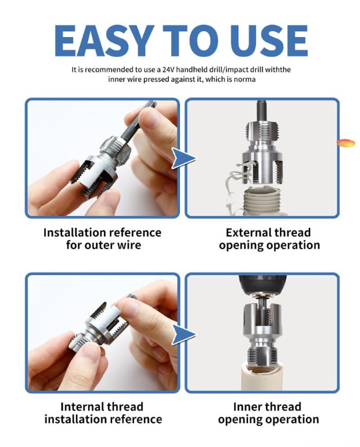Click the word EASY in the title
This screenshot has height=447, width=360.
pos(103,41)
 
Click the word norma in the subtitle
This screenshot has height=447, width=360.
pos(244,79)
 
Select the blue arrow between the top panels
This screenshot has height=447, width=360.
pos(183,158)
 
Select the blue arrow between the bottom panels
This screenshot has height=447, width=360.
pos(183,334)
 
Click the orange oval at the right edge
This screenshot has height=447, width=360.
pos(346,143)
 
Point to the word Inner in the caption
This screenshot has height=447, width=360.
pos(247,406)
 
